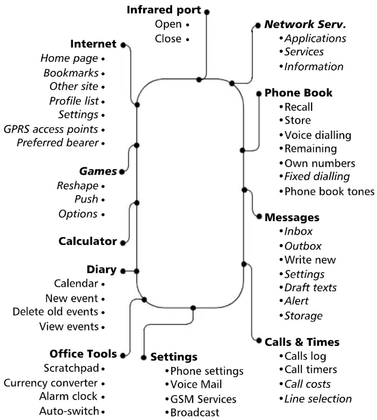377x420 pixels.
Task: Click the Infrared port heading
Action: coord(164,10)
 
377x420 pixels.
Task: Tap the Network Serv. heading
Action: coord(305,24)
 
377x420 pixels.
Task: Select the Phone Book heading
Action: coord(298,93)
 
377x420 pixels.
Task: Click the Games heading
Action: coord(98,171)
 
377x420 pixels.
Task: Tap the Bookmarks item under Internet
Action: coord(71,73)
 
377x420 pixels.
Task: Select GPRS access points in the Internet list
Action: coord(51,129)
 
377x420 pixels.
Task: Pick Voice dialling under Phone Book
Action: coord(318,135)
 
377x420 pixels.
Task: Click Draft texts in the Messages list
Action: coord(310,288)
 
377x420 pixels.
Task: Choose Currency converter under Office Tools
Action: coord(51,383)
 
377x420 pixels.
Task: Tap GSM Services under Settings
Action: coord(203,399)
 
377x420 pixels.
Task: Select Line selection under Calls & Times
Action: coord(318,399)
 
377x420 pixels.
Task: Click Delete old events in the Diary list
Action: coord(55,312)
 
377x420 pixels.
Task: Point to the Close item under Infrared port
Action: coord(168,39)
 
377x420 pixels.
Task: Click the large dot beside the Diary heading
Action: coord(123,271)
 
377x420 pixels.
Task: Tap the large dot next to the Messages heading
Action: coord(259,217)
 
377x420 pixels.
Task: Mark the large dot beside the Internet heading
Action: coord(123,45)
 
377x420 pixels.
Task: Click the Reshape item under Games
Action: coord(78,186)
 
